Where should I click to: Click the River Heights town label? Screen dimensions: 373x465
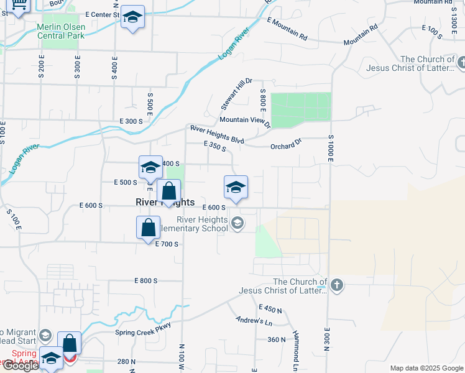point(165,203)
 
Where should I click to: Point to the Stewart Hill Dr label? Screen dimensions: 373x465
point(237,94)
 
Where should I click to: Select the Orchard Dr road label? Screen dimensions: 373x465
point(285,146)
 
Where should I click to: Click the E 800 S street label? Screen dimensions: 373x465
point(147,281)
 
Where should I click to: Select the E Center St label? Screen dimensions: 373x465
point(102,14)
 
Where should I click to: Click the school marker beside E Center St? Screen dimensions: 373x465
point(132,17)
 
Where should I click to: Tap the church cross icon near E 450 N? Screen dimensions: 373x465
point(336,286)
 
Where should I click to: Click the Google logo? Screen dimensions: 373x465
point(21,366)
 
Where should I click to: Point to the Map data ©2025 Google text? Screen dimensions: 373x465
point(426,368)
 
